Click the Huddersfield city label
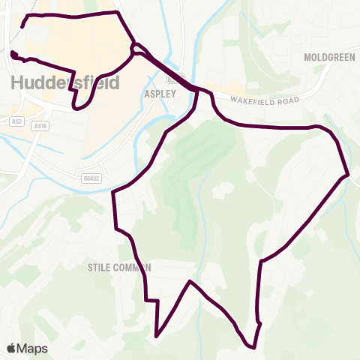[x=65, y=82]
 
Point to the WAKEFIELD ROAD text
[x=265, y=100]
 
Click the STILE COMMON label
[x=119, y=266]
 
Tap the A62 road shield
[x=16, y=120]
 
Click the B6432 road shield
[x=90, y=177]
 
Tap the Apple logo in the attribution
[x=12, y=348]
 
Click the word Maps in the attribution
[x=33, y=348]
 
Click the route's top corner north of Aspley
[x=118, y=12]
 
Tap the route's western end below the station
[x=12, y=52]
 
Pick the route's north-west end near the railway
[x=22, y=27]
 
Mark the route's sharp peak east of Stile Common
[x=190, y=281]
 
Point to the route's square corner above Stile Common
[x=113, y=192]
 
